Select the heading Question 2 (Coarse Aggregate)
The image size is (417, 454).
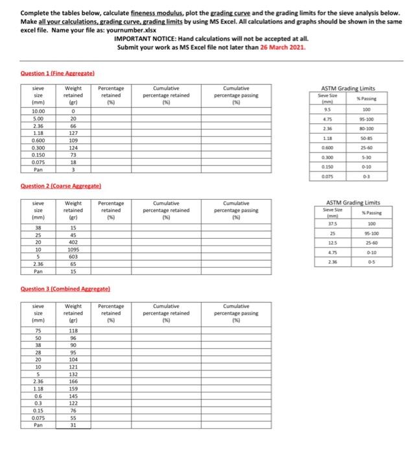click(51, 186)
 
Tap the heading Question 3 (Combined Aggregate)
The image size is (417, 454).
click(54, 288)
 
